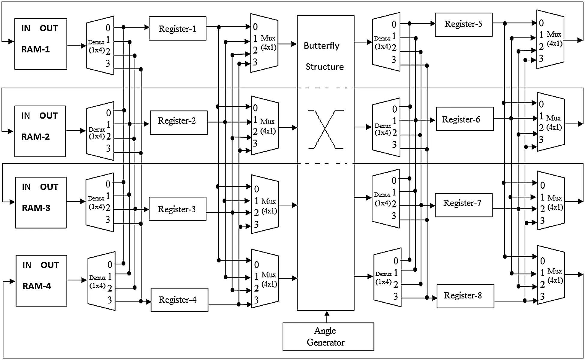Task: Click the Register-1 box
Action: (177, 29)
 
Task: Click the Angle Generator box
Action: (328, 337)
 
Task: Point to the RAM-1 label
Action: (35, 49)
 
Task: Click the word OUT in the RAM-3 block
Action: (49, 187)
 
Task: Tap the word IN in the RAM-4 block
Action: (27, 265)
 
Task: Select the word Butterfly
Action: (321, 46)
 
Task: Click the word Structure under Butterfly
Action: (324, 67)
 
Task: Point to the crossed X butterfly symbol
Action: (325, 129)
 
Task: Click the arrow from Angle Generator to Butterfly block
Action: (327, 316)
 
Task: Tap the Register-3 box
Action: (177, 209)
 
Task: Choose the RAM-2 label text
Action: (35, 137)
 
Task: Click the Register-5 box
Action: (463, 24)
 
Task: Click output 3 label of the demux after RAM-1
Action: (108, 63)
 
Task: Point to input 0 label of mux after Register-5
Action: (541, 23)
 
